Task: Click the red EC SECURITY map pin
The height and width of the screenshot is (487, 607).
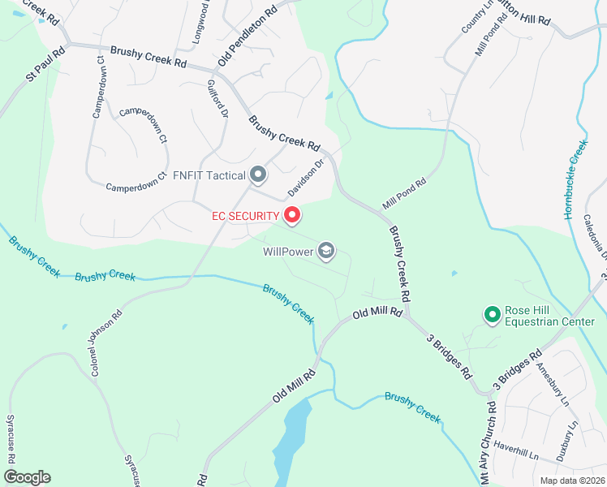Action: pyautogui.click(x=292, y=215)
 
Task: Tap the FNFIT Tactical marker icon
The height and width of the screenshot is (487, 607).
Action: pyautogui.click(x=259, y=175)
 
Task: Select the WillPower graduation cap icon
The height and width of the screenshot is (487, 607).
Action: pyautogui.click(x=326, y=251)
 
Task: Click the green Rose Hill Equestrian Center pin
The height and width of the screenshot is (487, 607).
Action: pyautogui.click(x=491, y=313)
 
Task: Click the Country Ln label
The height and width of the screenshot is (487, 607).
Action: pyautogui.click(x=477, y=16)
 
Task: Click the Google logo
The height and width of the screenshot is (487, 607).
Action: pyautogui.click(x=27, y=477)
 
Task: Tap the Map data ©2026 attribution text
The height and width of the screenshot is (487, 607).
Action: pyautogui.click(x=572, y=481)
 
